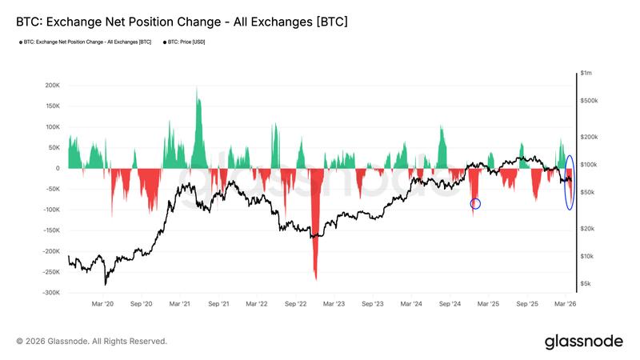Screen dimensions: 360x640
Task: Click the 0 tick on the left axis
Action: pyautogui.click(x=58, y=168)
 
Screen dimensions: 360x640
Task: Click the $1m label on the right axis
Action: pyautogui.click(x=587, y=74)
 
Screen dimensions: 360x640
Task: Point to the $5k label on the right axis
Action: pyautogui.click(x=586, y=284)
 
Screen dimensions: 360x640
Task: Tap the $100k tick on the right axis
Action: pyautogui.click(x=590, y=165)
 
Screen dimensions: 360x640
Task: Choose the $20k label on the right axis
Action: pyautogui.click(x=588, y=229)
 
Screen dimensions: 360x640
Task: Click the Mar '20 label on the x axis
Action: pyautogui.click(x=103, y=305)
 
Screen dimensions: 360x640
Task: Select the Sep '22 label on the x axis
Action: pyautogui.click(x=296, y=305)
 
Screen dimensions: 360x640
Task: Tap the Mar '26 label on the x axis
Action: pyautogui.click(x=566, y=305)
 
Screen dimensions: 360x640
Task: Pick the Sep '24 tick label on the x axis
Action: pyautogui.click(x=450, y=305)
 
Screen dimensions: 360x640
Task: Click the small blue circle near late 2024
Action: pyautogui.click(x=475, y=204)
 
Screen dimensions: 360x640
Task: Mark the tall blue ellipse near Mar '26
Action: pyautogui.click(x=570, y=182)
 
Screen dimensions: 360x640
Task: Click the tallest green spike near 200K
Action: pyautogui.click(x=197, y=90)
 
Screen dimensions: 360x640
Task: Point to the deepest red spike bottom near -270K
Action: pyautogui.click(x=316, y=278)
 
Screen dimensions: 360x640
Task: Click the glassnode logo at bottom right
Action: pyautogui.click(x=583, y=342)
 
